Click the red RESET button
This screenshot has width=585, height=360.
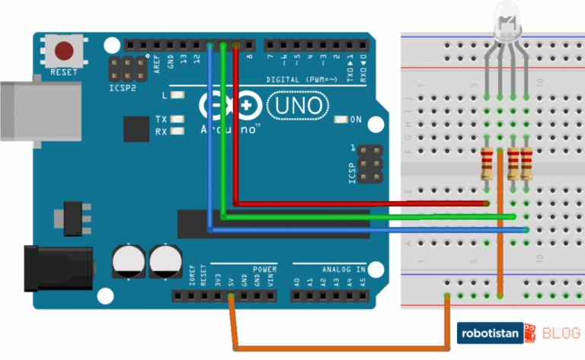(x=63, y=52)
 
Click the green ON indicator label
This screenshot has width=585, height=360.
(x=355, y=119)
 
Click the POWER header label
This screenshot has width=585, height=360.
(x=264, y=269)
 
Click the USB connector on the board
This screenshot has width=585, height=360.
(x=38, y=110)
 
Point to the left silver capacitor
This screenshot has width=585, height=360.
(x=127, y=261)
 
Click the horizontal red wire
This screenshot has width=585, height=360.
(x=358, y=204)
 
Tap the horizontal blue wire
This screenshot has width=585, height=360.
(x=366, y=228)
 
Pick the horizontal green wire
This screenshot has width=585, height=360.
(x=366, y=216)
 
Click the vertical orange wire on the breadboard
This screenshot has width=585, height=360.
(x=500, y=228)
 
